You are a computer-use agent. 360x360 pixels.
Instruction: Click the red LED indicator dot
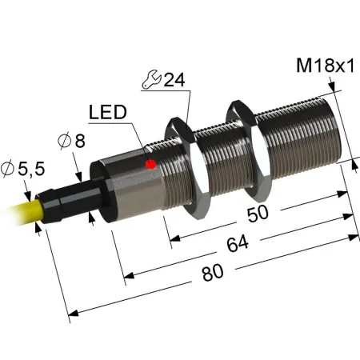(x=150, y=164)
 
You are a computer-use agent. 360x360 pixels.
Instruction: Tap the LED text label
(x=108, y=112)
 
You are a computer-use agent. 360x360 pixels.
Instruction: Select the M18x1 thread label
(x=326, y=66)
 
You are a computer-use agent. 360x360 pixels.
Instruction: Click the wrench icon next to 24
(x=151, y=79)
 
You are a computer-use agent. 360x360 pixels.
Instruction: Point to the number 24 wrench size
(x=174, y=79)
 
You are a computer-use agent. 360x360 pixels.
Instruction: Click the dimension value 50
(x=258, y=214)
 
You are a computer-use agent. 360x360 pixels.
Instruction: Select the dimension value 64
(x=238, y=243)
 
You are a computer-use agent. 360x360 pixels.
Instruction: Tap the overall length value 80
(x=213, y=273)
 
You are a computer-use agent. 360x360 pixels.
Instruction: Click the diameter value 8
(x=80, y=141)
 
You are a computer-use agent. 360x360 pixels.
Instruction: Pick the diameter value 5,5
(x=31, y=169)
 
